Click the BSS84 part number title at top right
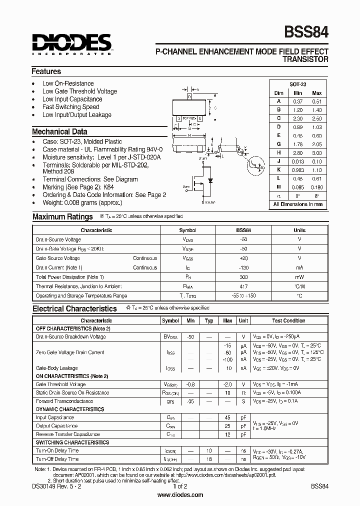[x=306, y=32]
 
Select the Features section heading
[x=46, y=71]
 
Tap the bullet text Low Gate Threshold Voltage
[x=79, y=91]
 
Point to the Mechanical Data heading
[x=59, y=132]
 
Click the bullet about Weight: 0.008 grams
[x=82, y=202]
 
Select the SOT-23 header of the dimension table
[x=298, y=85]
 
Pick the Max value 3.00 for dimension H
[x=316, y=152]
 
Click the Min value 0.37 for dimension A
[x=298, y=101]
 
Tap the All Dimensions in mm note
[x=298, y=204]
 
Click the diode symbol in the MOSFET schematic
[x=210, y=180]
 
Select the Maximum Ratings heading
[x=62, y=217]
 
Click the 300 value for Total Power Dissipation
[x=243, y=277]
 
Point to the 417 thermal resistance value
[x=243, y=286]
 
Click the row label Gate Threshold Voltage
[x=60, y=384]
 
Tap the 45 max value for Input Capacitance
[x=227, y=417]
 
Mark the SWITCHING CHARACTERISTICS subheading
[x=72, y=442]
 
